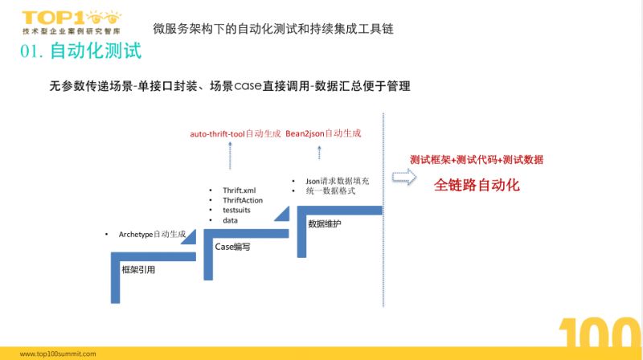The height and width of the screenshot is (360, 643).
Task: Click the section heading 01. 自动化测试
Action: [x=81, y=52]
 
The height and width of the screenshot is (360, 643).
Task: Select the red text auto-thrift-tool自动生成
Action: [x=235, y=133]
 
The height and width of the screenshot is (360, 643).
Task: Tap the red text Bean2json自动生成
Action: [x=323, y=133]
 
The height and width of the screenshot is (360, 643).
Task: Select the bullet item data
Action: [x=230, y=220]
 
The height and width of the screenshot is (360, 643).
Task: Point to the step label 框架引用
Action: [x=137, y=269]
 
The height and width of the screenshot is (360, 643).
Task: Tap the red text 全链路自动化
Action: [x=477, y=185]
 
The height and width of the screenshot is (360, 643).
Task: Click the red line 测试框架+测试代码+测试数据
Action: [x=476, y=159]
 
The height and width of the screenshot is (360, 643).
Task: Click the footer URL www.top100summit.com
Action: [x=58, y=353]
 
